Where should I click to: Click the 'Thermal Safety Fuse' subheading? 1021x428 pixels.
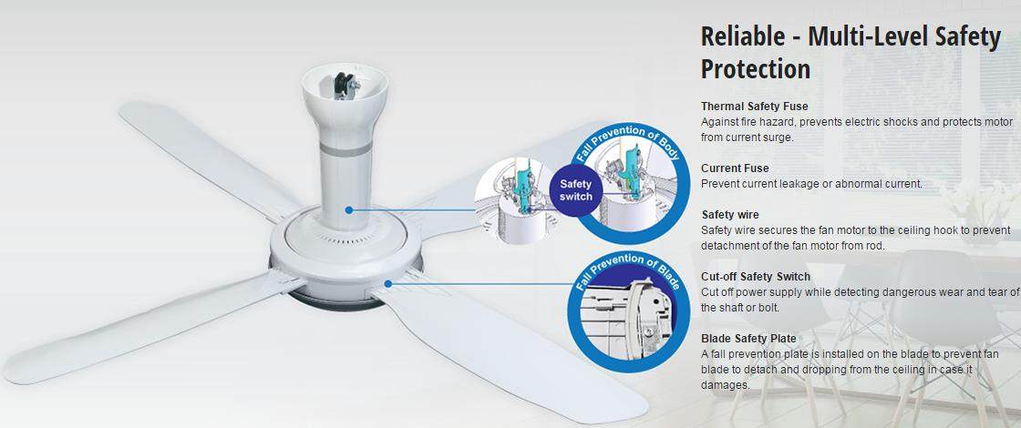point(754,106)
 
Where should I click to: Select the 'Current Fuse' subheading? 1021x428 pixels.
point(735,168)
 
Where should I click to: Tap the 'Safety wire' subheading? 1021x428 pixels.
point(730,215)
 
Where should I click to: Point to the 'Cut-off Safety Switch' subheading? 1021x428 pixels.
point(756,277)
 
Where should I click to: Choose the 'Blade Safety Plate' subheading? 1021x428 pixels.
point(748,338)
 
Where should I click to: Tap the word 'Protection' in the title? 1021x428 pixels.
point(756,69)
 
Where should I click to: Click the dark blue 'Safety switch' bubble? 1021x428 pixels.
point(576,189)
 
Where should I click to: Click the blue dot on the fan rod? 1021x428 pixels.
point(349,209)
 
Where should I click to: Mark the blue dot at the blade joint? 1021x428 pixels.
point(387,283)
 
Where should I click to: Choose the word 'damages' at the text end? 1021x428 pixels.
point(726,385)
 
